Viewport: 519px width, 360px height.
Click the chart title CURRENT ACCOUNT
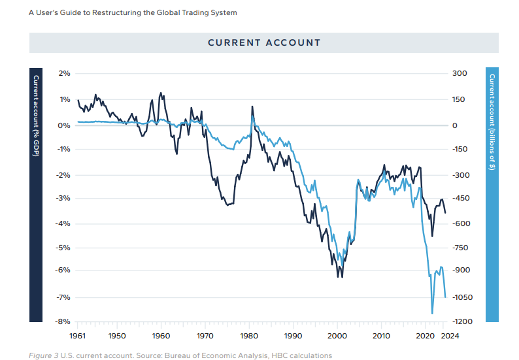[264, 42]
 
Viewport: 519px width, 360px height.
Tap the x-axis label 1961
[78, 336]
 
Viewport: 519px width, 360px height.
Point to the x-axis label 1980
[249, 336]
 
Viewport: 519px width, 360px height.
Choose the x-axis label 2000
[337, 336]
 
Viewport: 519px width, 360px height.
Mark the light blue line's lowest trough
[432, 314]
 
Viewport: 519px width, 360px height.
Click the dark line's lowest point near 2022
[432, 237]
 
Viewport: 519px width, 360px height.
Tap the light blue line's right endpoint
[445, 297]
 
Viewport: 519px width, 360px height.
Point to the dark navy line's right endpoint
[445, 212]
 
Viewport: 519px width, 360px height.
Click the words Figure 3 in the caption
[43, 355]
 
